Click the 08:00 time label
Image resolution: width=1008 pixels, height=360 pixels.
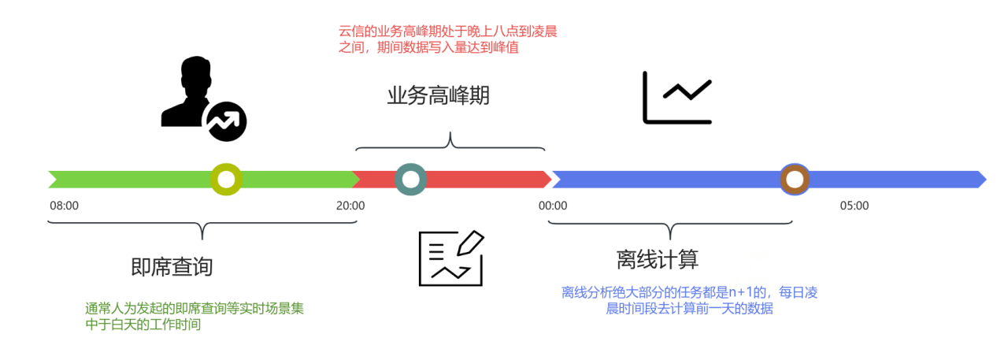[x=64, y=206]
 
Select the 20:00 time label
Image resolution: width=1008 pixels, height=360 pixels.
[x=350, y=206]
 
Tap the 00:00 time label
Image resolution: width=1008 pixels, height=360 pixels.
[x=552, y=206]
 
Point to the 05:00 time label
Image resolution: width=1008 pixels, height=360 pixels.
[x=854, y=206]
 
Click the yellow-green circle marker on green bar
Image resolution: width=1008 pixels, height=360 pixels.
[x=226, y=180]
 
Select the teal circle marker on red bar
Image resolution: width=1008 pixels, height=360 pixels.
[x=410, y=180]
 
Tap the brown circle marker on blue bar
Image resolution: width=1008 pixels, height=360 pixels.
[x=795, y=180]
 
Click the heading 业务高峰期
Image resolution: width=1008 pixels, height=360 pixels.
[x=438, y=96]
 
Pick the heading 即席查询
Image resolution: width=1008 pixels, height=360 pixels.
[x=172, y=267]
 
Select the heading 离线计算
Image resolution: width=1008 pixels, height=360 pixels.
[x=657, y=259]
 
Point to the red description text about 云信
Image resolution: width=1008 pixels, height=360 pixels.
[x=447, y=39]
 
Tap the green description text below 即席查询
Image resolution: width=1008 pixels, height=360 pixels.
[x=194, y=316]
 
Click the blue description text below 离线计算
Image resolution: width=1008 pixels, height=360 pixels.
[x=689, y=300]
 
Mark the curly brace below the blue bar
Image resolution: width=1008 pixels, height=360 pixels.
[x=669, y=228]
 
